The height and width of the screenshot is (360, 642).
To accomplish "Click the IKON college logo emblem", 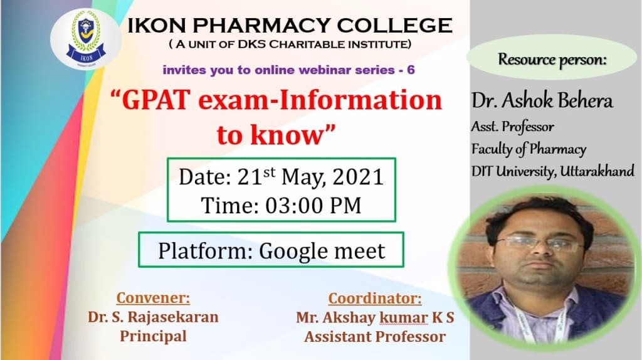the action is [86, 40].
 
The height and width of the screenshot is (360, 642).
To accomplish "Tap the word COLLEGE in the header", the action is [395, 25].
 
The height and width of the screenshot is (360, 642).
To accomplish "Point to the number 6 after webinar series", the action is [411, 70].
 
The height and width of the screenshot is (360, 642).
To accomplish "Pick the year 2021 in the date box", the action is [358, 177].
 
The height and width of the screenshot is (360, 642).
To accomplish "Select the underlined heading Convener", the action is [153, 298].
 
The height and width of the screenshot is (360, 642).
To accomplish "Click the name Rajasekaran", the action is [173, 317].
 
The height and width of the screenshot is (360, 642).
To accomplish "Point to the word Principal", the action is [153, 337].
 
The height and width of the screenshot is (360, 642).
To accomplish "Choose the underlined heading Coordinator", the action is [375, 299].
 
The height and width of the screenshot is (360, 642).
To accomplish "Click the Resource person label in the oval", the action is [552, 60].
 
